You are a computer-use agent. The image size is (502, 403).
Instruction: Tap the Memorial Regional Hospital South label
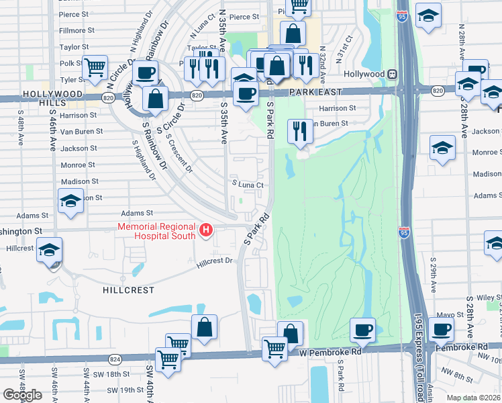[157, 231]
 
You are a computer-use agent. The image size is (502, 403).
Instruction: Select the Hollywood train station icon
[391, 74]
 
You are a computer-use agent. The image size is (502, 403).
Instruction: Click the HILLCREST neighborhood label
[128, 290]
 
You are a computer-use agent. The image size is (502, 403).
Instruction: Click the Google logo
[22, 395]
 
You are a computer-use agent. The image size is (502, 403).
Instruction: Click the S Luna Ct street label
[246, 184]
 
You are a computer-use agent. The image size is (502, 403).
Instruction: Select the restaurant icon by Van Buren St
[299, 130]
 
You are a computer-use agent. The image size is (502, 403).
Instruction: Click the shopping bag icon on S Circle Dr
[155, 99]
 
